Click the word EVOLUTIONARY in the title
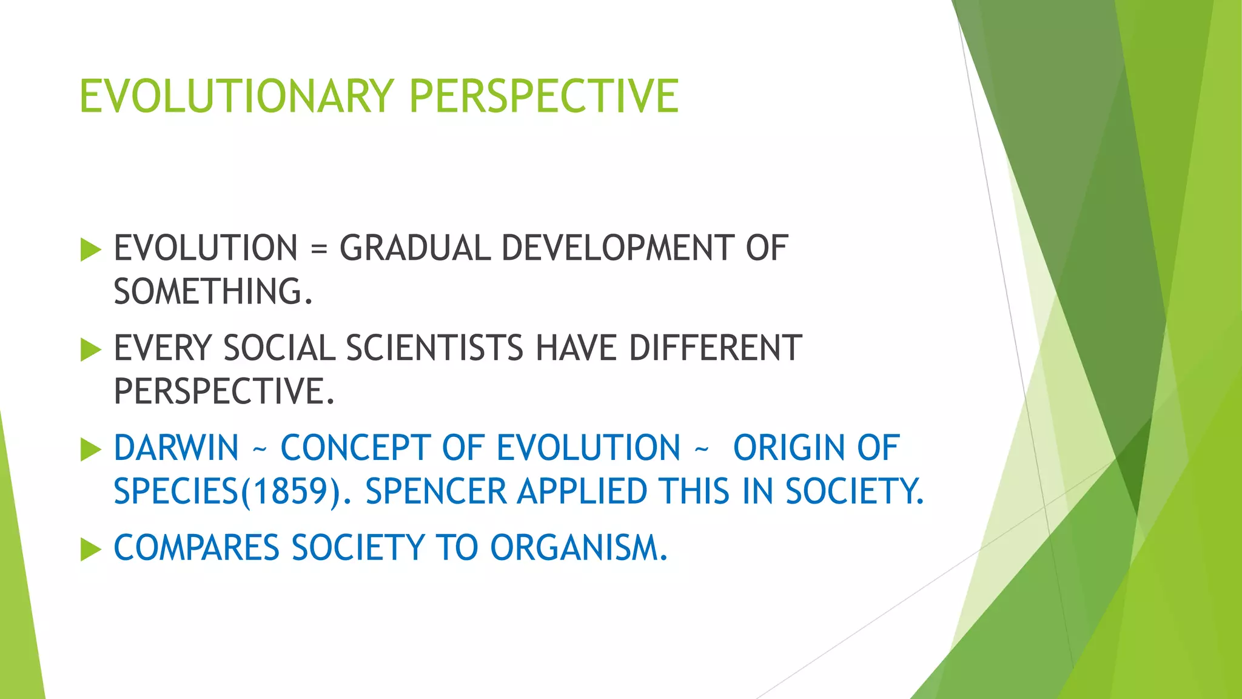[x=237, y=96]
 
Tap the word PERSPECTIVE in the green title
[x=544, y=96]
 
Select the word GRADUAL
[x=415, y=248]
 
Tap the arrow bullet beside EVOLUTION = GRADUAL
[x=90, y=249]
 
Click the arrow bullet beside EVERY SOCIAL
[x=90, y=349]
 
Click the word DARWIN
[x=176, y=448]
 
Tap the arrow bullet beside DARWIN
[x=90, y=450]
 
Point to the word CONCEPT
[x=355, y=448]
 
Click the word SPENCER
[x=435, y=491]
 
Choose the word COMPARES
[x=196, y=548]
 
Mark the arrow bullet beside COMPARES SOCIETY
[x=90, y=549]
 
